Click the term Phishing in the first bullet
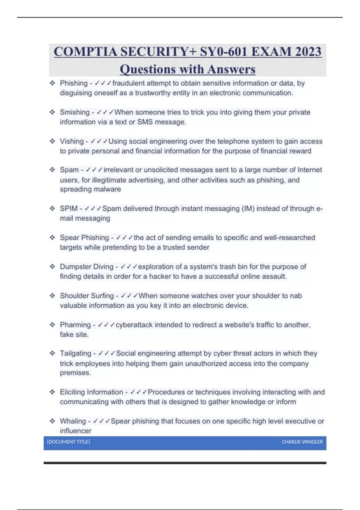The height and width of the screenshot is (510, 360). tap(73, 83)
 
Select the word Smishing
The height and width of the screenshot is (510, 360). tap(75, 112)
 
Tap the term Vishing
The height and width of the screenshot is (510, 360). tap(72, 141)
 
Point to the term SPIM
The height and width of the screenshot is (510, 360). tap(69, 208)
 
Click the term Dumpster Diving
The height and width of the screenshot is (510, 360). tap(87, 267)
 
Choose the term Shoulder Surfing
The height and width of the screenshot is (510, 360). tap(87, 296)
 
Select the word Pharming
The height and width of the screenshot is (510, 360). tap(75, 325)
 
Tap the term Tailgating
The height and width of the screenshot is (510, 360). tap(75, 353)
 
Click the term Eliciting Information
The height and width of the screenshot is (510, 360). tap(91, 392)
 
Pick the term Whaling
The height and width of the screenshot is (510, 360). tap(73, 421)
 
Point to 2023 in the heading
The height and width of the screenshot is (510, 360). tap(308, 52)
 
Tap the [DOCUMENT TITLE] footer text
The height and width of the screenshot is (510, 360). tap(68, 442)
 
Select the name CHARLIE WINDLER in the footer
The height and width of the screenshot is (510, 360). tap(302, 442)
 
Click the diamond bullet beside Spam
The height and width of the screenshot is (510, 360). tap(52, 170)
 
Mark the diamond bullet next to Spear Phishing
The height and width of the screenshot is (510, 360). tap(52, 238)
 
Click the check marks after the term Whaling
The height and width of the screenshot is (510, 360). tap(101, 421)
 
